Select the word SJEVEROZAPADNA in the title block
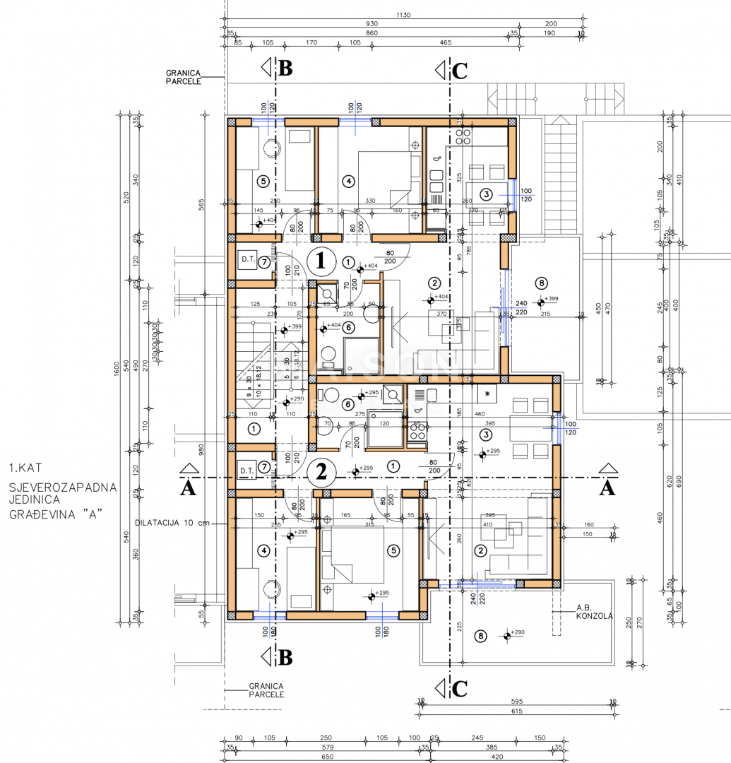pos(63,487)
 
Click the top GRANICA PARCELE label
pos(184,76)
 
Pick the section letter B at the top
pos(285,69)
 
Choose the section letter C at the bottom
pos(459,688)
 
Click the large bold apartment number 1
pos(321,261)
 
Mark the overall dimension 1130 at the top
pos(404,15)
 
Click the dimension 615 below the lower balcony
pos(516,711)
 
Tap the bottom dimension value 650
pos(326,757)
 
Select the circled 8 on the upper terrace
pos(542,283)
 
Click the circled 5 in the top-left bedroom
pos(263,182)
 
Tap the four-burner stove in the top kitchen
pos(463,136)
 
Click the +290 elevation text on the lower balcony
pos(518,632)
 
